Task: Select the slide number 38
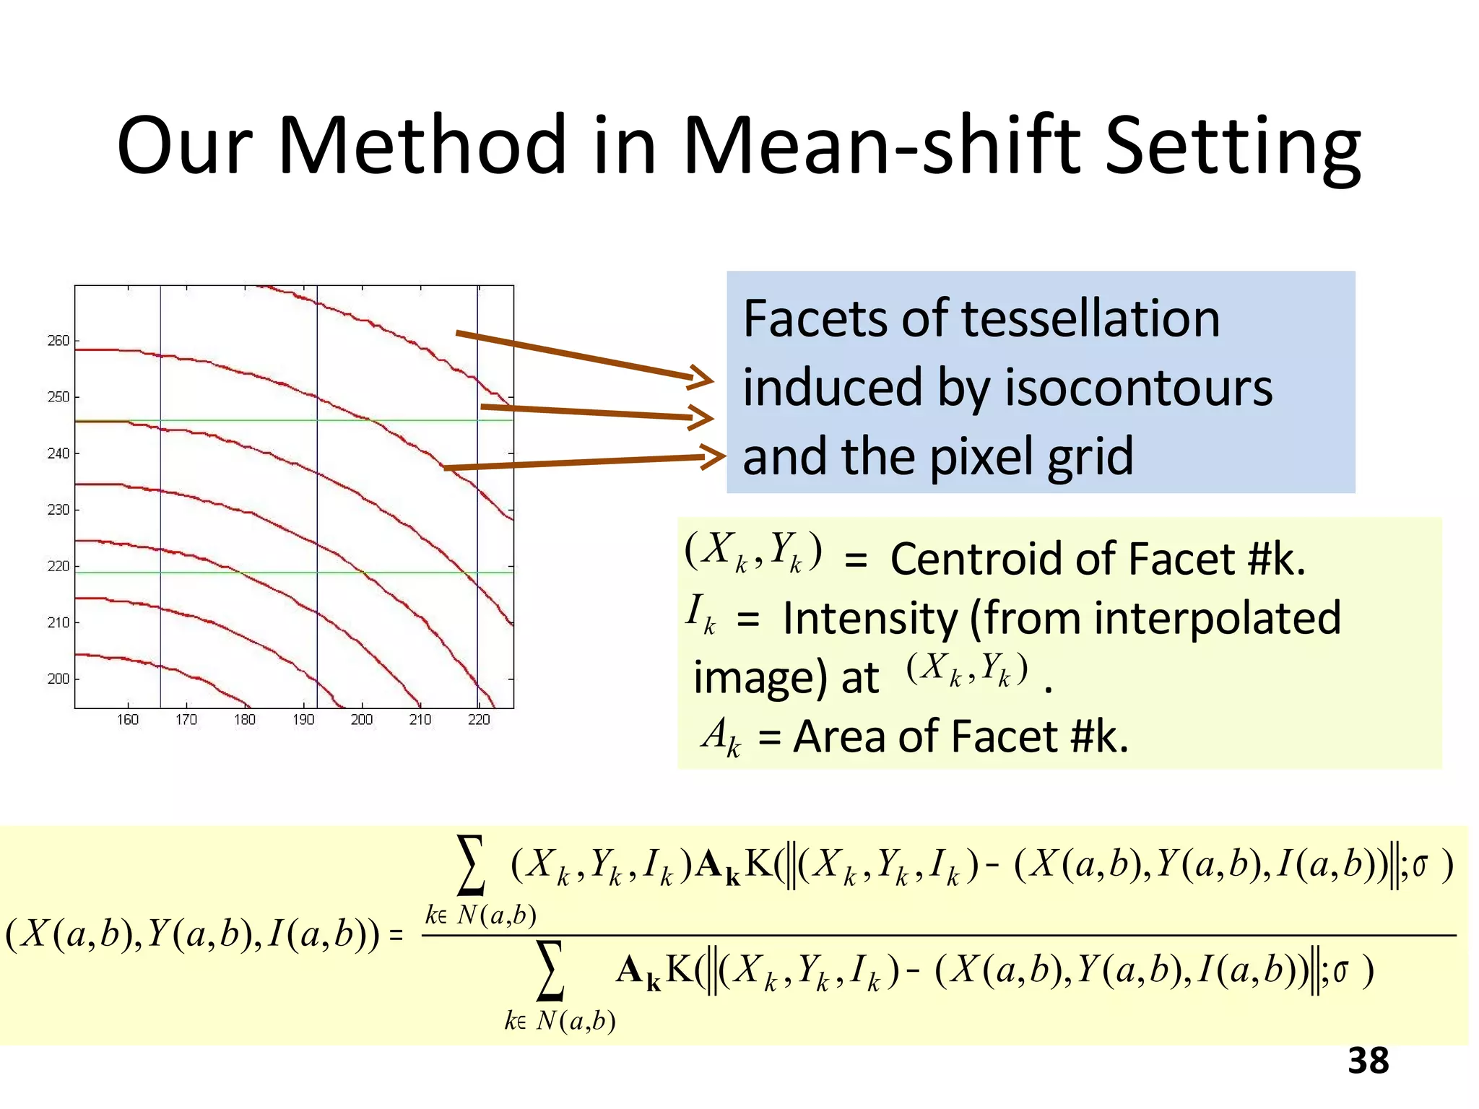(x=1368, y=1061)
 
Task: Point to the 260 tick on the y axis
(x=58, y=340)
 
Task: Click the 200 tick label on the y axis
(x=58, y=679)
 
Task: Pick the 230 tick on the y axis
(x=58, y=510)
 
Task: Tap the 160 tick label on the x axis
(x=128, y=720)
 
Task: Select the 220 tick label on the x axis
(x=479, y=720)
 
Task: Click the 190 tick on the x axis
(x=303, y=720)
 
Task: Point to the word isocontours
(x=1139, y=388)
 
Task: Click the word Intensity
(x=869, y=619)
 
